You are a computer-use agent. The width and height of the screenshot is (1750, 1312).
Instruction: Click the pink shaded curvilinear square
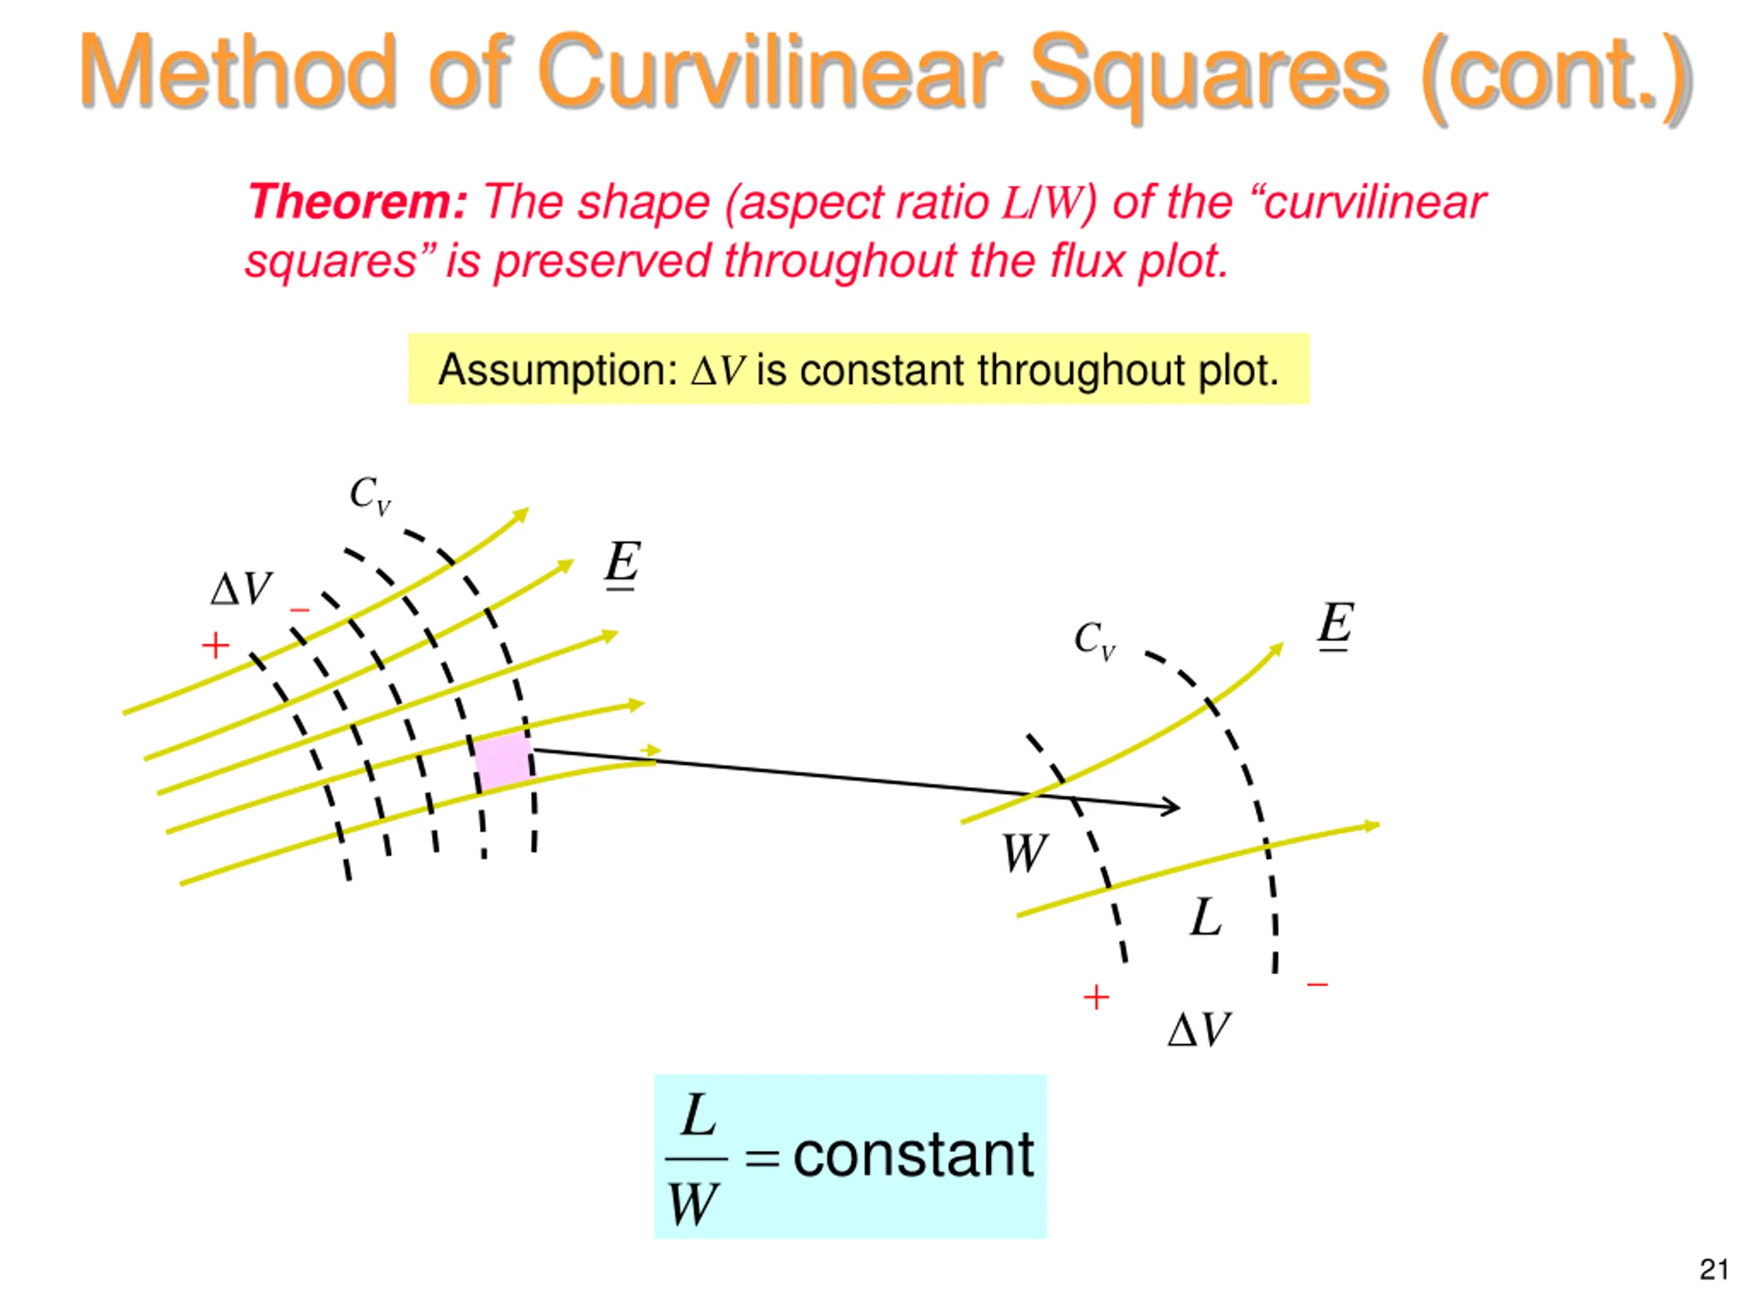click(502, 760)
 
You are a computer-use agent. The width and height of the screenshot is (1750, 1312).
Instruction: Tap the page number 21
click(1713, 1270)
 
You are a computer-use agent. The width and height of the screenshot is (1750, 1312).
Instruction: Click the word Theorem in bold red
click(358, 202)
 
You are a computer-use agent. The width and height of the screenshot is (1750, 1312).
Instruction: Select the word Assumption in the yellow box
click(557, 370)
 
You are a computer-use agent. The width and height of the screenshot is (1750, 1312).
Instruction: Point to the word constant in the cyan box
click(913, 1156)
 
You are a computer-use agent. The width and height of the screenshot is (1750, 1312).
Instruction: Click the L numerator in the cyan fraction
click(699, 1116)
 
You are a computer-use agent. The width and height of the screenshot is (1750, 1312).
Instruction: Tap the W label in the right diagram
click(1024, 853)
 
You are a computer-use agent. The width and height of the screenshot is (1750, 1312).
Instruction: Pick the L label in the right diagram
click(1206, 917)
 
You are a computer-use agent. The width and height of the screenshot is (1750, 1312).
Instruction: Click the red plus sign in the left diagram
click(215, 646)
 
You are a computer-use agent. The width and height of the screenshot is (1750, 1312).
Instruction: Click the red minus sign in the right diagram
click(1317, 985)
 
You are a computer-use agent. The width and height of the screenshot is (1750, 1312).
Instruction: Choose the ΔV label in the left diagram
click(241, 589)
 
